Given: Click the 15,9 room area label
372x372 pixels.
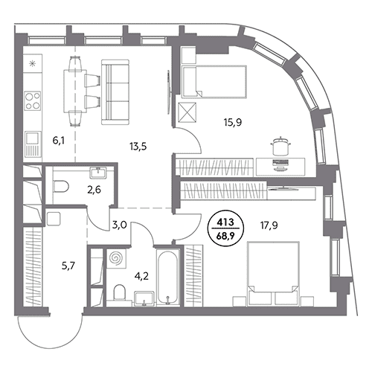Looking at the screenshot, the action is (x=233, y=123).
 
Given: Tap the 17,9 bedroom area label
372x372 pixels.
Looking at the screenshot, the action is (x=269, y=225).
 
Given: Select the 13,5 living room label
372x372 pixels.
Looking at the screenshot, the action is (x=138, y=147).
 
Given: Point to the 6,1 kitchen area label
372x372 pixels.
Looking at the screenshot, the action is (x=59, y=141).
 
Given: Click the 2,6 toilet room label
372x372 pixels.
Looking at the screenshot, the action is (x=94, y=190).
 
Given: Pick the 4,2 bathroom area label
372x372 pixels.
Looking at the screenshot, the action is (x=142, y=276).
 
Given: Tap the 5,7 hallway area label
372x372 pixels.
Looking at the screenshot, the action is (x=68, y=266).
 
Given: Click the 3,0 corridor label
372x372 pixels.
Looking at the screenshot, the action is (x=120, y=225).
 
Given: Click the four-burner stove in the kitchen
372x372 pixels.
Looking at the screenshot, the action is (x=33, y=100).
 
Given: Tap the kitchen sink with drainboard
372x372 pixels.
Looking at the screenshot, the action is (x=33, y=144).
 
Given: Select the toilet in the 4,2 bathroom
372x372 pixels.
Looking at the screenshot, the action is (x=119, y=292).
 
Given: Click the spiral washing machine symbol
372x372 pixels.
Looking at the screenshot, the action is (x=116, y=259).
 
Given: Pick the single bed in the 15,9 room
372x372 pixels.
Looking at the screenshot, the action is (x=214, y=82).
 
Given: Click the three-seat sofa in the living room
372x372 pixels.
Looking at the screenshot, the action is (x=115, y=92).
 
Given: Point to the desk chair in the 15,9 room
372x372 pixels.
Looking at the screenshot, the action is (x=281, y=145).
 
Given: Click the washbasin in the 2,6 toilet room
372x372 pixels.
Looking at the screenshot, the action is (x=98, y=173).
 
